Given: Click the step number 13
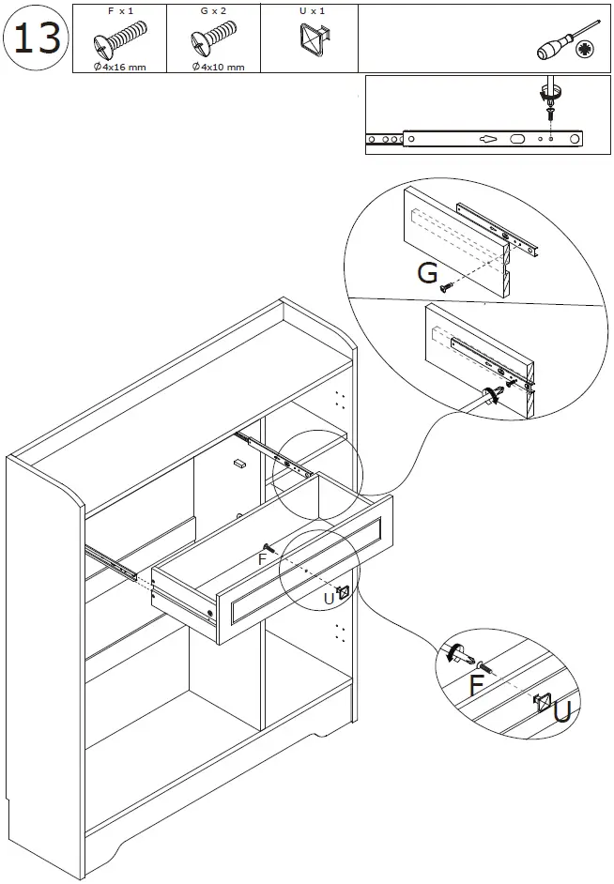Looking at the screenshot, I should pos(37,38).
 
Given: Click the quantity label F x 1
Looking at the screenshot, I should pos(119,9).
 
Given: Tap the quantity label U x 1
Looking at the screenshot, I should pos(311,9).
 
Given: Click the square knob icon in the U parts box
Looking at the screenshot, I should pos(311,40).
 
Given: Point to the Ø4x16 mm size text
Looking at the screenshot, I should pos(119,67).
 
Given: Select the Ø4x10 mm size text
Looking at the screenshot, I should pos(218,67).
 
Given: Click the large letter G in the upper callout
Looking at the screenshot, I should pos(428,273).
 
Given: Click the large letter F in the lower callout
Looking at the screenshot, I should pos(477,684).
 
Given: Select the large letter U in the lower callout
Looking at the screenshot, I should pos(562,713).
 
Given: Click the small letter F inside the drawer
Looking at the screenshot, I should pos(264,558).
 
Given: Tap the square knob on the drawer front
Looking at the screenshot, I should pos(344,593).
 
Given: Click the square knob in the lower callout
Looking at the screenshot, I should pos(542,701).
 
